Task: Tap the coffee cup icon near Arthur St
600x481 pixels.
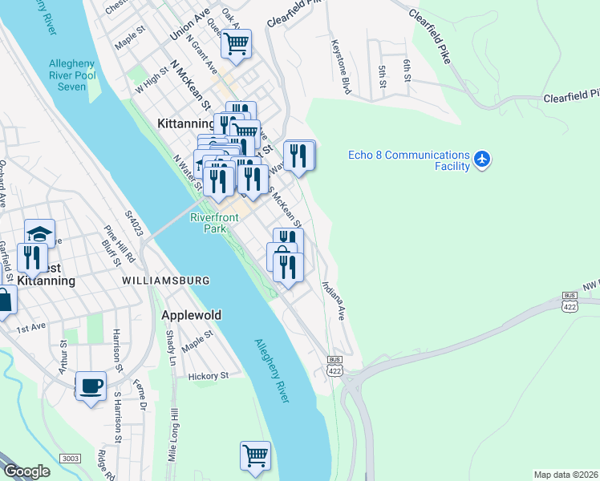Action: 91,386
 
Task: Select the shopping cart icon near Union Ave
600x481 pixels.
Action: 236,44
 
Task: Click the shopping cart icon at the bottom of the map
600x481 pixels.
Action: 255,455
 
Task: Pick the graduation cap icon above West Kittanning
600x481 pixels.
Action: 39,233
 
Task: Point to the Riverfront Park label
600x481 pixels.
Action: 214,223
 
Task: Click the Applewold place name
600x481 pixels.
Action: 191,315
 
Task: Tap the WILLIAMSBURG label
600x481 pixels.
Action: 166,281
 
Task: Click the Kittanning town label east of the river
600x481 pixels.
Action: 182,124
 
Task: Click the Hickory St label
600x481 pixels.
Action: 209,375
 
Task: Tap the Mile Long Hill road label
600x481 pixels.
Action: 173,436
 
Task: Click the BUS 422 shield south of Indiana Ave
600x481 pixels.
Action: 334,365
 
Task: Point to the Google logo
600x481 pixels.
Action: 26,471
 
